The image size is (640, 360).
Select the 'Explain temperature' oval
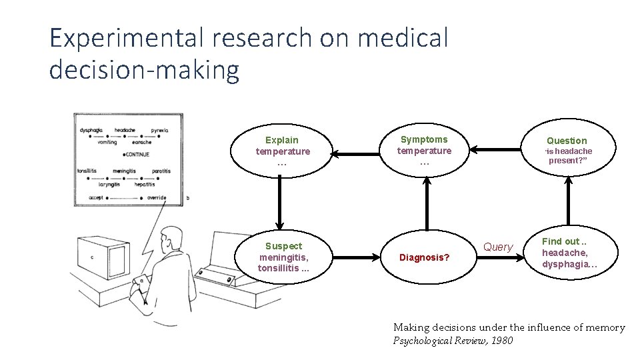(x=283, y=151)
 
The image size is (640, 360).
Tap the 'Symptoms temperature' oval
(x=424, y=151)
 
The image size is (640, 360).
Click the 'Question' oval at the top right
(x=567, y=151)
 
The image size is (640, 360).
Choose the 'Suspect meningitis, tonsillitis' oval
(x=283, y=257)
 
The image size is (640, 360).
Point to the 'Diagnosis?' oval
(x=424, y=257)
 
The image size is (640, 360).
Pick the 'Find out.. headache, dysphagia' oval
(x=569, y=253)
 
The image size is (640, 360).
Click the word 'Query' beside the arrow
(x=498, y=247)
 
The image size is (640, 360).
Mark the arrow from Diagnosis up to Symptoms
(x=426, y=203)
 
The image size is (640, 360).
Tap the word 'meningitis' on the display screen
(x=124, y=171)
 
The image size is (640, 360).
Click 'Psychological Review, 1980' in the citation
(x=453, y=341)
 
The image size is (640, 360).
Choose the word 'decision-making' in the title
(x=144, y=70)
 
